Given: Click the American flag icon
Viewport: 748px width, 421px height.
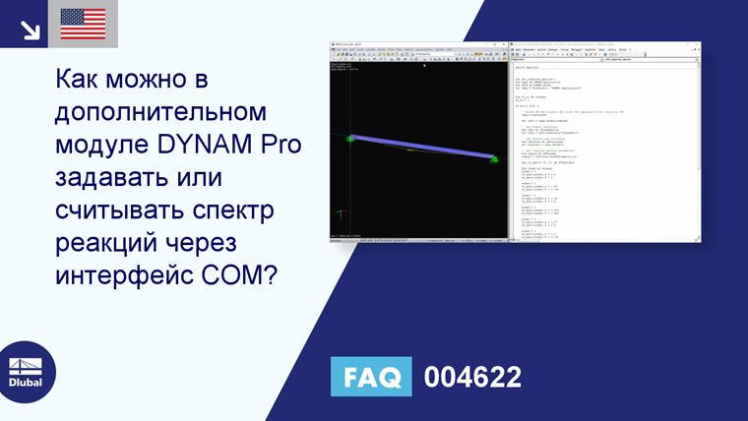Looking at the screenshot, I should pos(83,24).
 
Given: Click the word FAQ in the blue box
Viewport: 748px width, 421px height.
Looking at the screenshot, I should pos(372,377).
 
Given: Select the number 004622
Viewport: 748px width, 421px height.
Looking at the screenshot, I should pos(472,377).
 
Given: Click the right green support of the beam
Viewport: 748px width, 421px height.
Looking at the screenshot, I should pos(494,158).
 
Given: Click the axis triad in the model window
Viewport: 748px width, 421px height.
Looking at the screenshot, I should pos(342,212).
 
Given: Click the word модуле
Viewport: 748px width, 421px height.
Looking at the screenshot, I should pos(97,148).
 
